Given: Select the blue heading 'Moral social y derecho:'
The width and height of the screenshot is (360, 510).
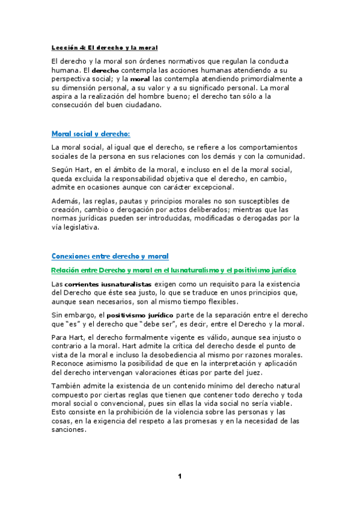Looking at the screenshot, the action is (x=91, y=134).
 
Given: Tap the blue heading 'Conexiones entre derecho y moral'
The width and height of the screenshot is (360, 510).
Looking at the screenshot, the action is (x=110, y=256).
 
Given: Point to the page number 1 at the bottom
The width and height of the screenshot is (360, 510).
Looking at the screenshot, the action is (x=179, y=477).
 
